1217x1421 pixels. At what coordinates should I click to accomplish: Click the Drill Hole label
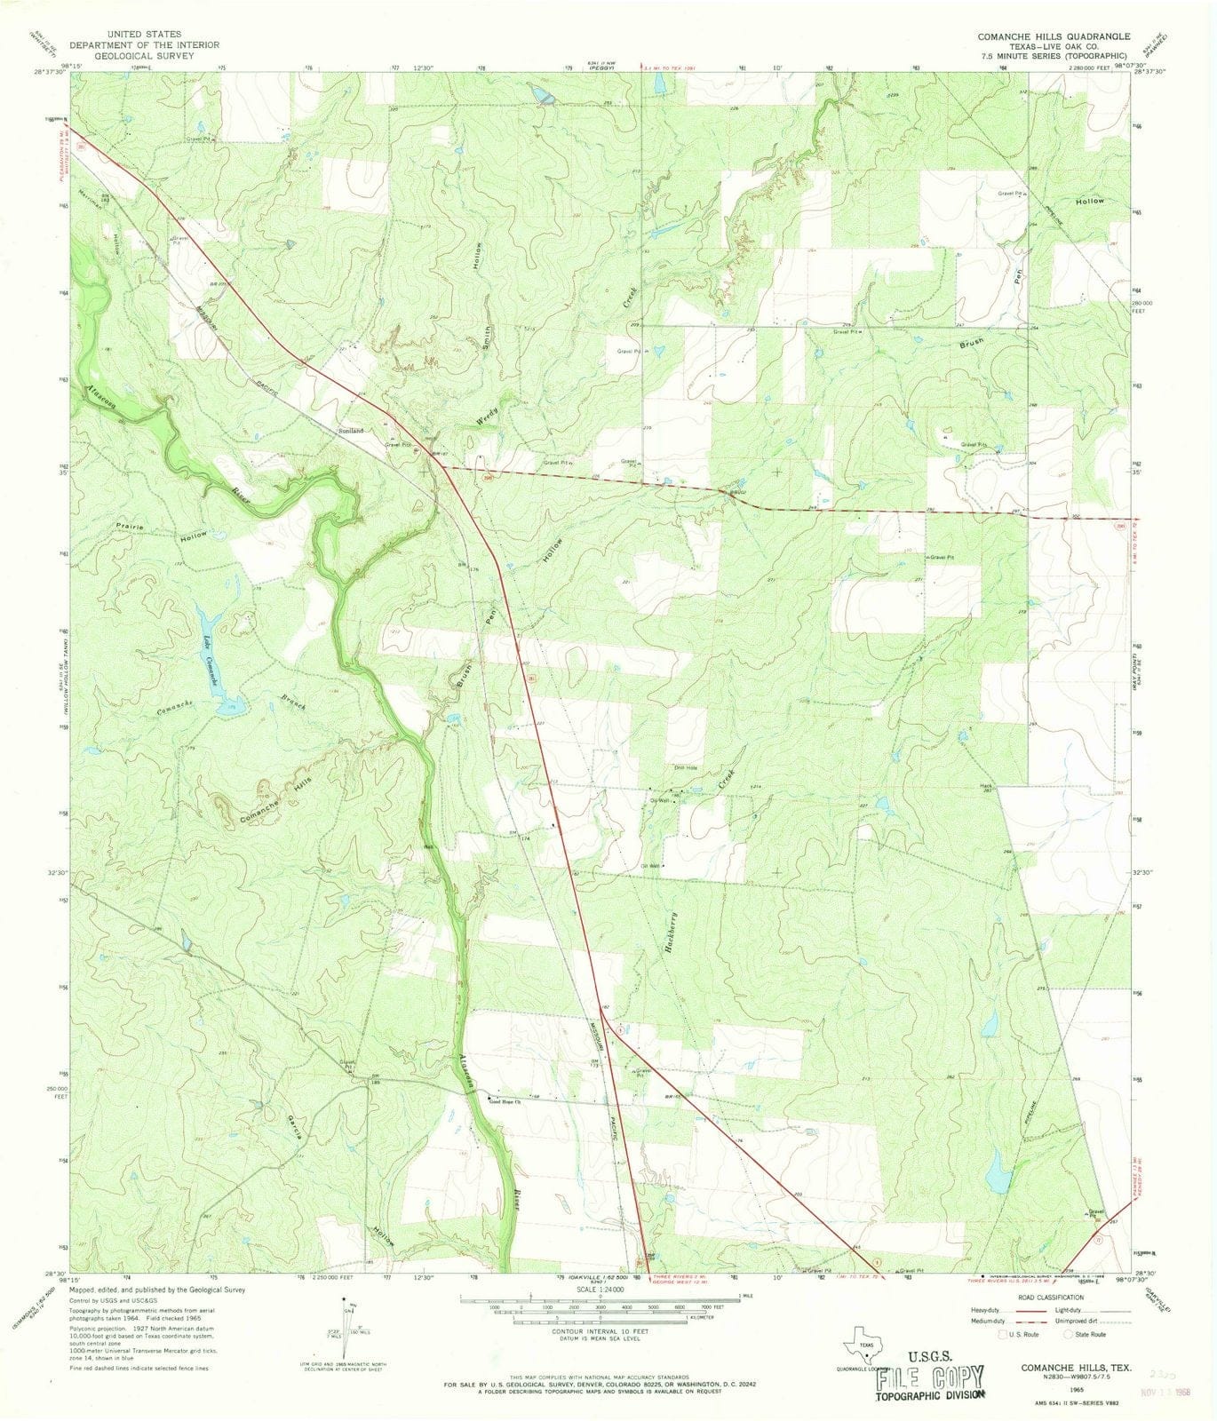[684, 768]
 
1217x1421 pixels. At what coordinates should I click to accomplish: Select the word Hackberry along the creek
[672, 933]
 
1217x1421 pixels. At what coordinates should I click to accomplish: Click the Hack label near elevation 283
[985, 786]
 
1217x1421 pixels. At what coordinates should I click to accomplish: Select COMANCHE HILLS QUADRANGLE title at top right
[1054, 36]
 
